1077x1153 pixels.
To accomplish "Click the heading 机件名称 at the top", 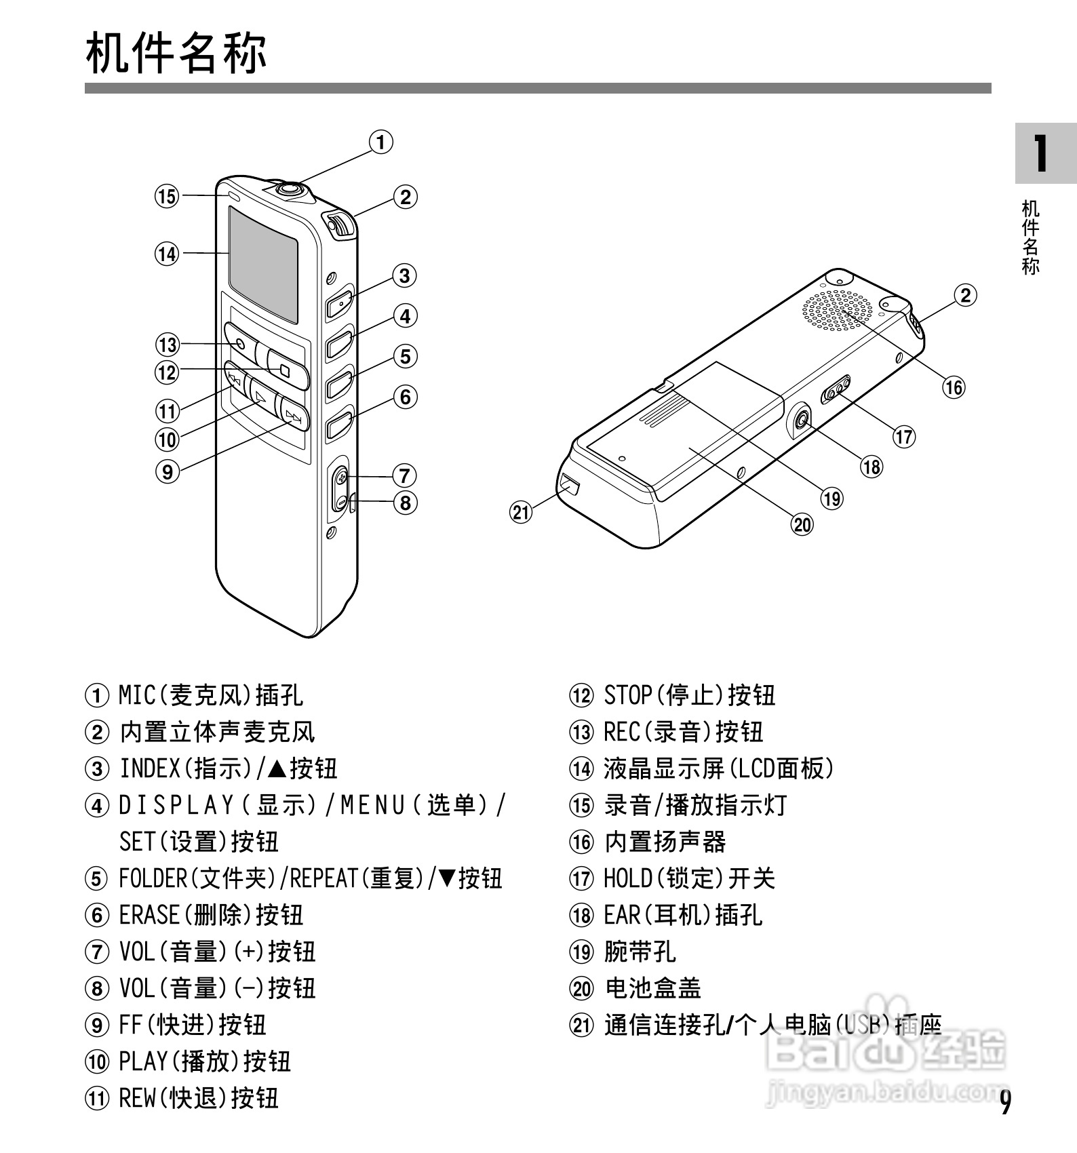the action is (176, 53).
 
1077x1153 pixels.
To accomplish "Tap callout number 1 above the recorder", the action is (381, 142).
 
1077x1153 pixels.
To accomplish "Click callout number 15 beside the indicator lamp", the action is (167, 197).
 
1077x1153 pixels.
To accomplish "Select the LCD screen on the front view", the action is (263, 265).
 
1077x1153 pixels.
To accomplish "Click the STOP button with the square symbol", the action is (286, 370).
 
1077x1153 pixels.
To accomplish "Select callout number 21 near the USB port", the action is (521, 512).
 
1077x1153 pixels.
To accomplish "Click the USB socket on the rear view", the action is (569, 484).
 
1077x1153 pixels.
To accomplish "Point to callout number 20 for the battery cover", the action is (802, 524).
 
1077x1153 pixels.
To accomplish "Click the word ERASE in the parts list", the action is (149, 916).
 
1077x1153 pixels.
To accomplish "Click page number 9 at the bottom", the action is (1006, 1101).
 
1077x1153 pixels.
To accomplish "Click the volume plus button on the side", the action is (341, 480).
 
